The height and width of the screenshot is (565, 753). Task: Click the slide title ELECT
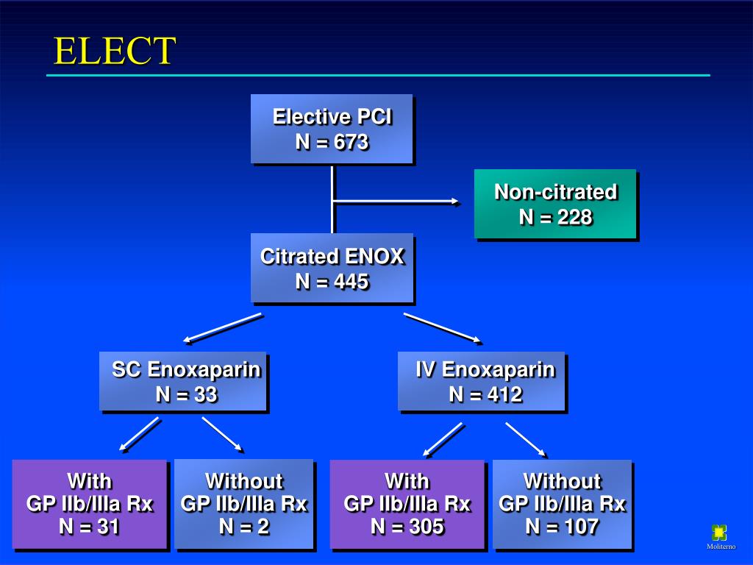click(x=115, y=51)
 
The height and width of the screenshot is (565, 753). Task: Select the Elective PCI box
click(x=332, y=129)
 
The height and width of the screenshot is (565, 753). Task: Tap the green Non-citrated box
click(x=555, y=204)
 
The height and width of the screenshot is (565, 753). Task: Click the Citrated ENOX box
click(x=332, y=269)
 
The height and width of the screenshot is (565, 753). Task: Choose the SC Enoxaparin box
click(x=183, y=381)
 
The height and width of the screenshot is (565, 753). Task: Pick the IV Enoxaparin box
click(x=482, y=381)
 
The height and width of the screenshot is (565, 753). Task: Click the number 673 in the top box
click(x=351, y=142)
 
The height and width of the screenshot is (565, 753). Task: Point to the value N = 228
click(x=555, y=217)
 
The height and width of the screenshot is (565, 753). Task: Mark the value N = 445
click(x=332, y=282)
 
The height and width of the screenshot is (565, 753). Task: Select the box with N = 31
click(x=90, y=505)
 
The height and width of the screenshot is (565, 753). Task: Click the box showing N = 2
click(x=244, y=505)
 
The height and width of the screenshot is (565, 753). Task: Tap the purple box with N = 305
click(x=407, y=505)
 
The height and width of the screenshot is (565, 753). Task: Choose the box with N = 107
click(x=563, y=505)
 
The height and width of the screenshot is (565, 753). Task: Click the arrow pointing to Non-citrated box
click(x=397, y=202)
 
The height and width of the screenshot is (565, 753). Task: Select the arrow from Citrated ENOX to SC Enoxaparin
click(x=223, y=328)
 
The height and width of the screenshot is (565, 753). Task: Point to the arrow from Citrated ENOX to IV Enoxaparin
click(x=443, y=328)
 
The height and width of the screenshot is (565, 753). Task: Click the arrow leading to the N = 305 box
click(x=443, y=439)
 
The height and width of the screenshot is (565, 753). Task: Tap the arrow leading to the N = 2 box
click(x=223, y=435)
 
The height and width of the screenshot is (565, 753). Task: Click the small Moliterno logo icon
click(x=719, y=533)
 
